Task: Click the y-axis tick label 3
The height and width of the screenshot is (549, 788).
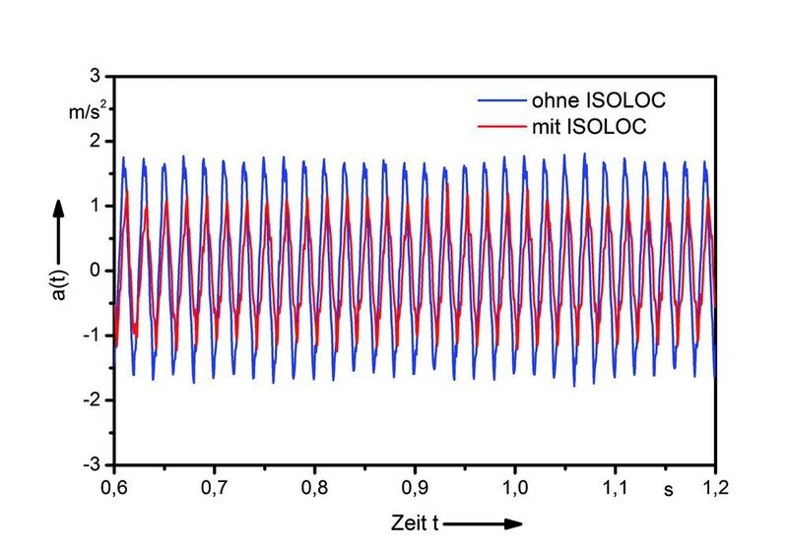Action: pyautogui.click(x=96, y=77)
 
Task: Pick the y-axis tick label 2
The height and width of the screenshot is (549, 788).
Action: pyautogui.click(x=96, y=142)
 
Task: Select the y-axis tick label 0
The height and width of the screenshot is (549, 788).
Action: pyautogui.click(x=96, y=271)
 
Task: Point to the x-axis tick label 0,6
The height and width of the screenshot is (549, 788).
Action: pyautogui.click(x=115, y=487)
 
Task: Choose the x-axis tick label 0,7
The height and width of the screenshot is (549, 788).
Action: pyautogui.click(x=215, y=487)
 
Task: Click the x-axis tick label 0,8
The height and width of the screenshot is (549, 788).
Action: pyautogui.click(x=315, y=487)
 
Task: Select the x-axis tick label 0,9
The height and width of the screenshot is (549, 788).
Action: pyautogui.click(x=416, y=487)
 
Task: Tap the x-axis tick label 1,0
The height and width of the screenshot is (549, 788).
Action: pyautogui.click(x=515, y=487)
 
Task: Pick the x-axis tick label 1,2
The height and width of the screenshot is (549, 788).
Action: pyautogui.click(x=715, y=487)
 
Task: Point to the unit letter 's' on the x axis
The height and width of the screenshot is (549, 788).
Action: pyautogui.click(x=667, y=488)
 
